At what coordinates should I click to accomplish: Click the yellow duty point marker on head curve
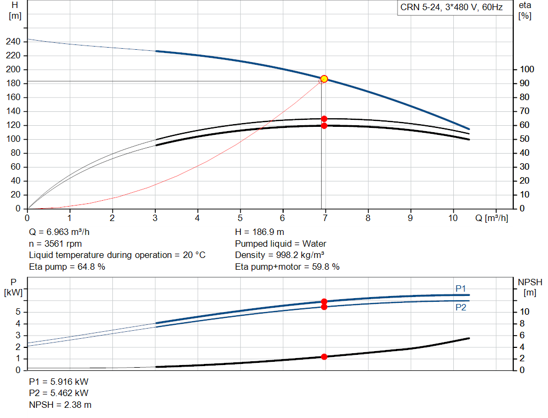coord(324,79)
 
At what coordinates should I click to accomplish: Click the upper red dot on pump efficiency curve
coord(324,119)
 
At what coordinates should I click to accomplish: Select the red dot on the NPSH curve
coord(324,356)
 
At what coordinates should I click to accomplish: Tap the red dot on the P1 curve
coord(324,301)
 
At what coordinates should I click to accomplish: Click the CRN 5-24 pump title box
coord(451,7)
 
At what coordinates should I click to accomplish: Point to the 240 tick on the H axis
coord(14,42)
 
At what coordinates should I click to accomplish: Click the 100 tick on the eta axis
coord(527,70)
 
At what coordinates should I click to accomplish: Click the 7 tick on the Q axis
coord(325,218)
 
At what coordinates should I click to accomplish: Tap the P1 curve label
coord(461,288)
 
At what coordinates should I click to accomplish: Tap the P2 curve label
coord(461,307)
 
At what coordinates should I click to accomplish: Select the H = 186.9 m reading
coord(260,232)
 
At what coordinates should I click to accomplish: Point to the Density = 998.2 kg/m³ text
coord(280,255)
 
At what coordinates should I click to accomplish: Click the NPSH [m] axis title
coord(530,287)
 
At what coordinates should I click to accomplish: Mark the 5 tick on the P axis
coord(18,312)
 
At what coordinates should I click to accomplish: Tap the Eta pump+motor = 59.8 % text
coord(287,267)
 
